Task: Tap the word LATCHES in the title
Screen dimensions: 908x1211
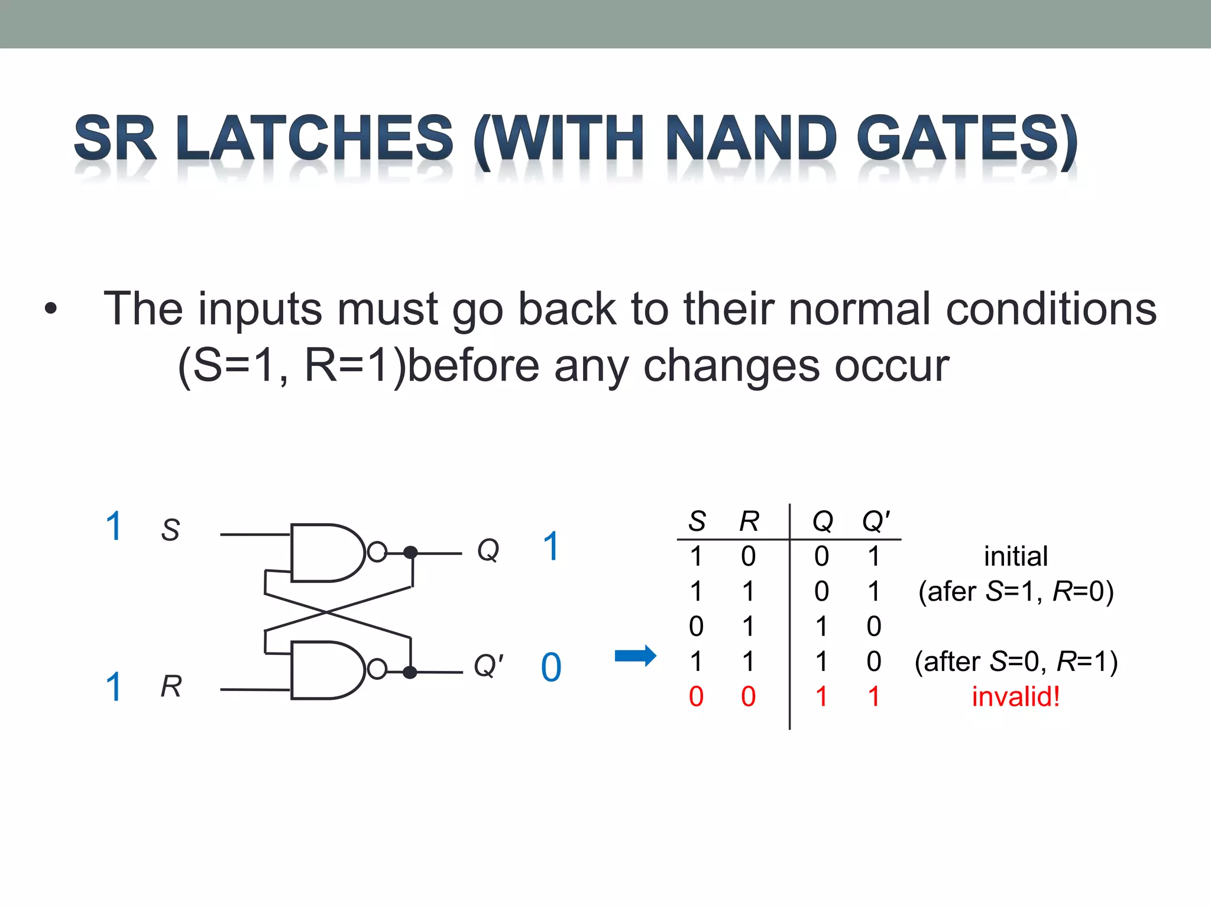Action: [314, 139]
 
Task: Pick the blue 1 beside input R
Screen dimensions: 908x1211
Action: [114, 686]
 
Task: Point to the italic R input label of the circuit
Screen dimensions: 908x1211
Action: [171, 686]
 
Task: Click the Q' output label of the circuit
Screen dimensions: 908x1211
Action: [488, 666]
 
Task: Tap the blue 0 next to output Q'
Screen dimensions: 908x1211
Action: [551, 667]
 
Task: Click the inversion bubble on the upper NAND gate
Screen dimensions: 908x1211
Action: [377, 552]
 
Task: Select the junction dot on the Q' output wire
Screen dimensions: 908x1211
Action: [410, 672]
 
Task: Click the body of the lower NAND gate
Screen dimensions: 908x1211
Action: [325, 670]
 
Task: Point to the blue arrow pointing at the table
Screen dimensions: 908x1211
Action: [635, 656]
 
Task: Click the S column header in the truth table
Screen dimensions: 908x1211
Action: [697, 521]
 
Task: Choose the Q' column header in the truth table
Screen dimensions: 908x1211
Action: [876, 521]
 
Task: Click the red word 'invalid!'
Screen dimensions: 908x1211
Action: [1015, 696]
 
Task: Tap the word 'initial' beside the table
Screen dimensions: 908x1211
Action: [1015, 556]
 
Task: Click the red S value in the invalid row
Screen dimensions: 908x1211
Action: [696, 696]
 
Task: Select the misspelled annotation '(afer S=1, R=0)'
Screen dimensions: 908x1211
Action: [1015, 591]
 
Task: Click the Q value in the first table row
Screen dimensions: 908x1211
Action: [821, 556]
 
